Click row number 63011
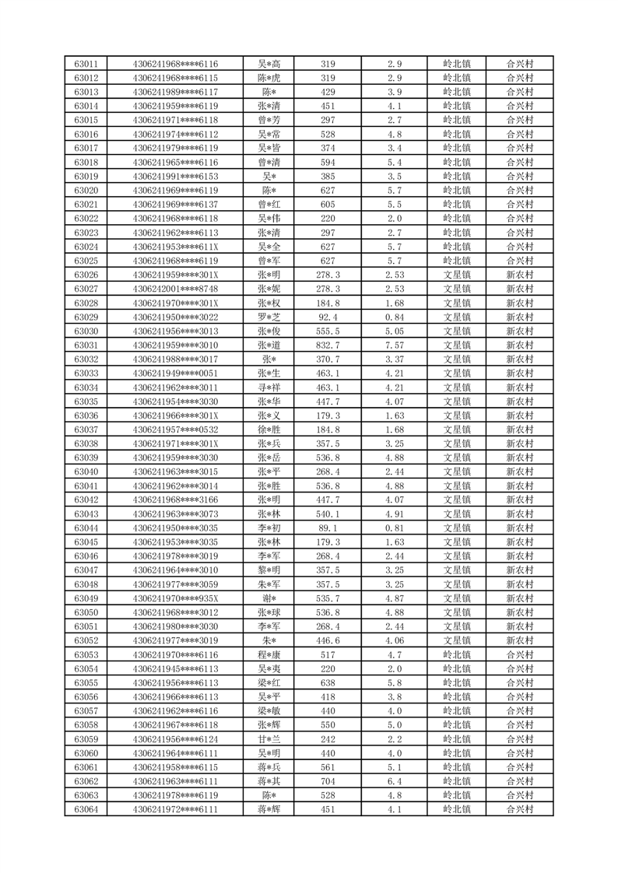86,64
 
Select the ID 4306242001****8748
175,289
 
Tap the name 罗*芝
269,317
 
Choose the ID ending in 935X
175,598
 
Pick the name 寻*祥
269,387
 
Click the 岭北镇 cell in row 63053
456,654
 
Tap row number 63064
86,809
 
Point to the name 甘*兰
269,739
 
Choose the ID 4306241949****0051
175,373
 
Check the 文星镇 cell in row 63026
456,275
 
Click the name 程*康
269,654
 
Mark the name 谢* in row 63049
269,598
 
